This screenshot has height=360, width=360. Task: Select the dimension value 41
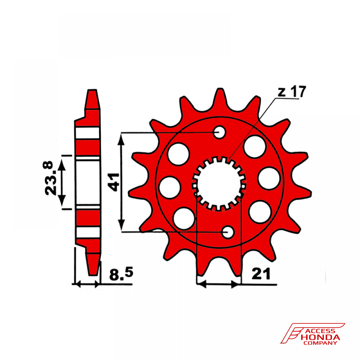pyautogui.click(x=114, y=182)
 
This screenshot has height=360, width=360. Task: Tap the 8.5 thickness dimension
pyautogui.click(x=121, y=274)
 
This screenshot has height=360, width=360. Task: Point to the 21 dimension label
pyautogui.click(x=261, y=274)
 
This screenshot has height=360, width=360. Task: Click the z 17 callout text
pyautogui.click(x=292, y=91)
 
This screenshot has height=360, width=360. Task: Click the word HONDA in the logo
pyautogui.click(x=320, y=337)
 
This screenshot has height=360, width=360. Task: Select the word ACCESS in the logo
pyautogui.click(x=321, y=331)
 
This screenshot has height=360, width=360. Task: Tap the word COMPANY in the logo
pyautogui.click(x=320, y=343)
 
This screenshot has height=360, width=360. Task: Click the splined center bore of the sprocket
pyautogui.click(x=219, y=183)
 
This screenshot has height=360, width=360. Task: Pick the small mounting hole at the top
pyautogui.click(x=220, y=132)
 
